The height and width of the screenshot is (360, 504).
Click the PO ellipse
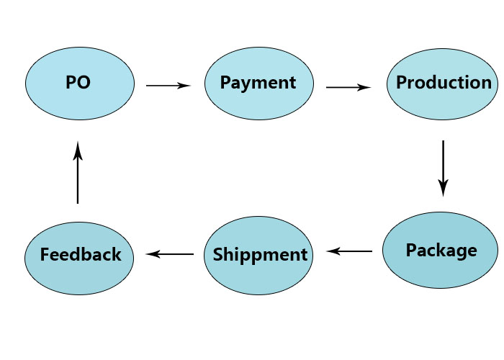pyautogui.click(x=80, y=84)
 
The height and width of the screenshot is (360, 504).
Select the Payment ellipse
pyautogui.click(x=259, y=84)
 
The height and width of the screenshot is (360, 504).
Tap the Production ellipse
pyautogui.click(x=442, y=84)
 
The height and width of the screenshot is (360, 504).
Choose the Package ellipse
pyautogui.click(x=441, y=250)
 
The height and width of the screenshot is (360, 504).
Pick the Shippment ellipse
pyautogui.click(x=258, y=256)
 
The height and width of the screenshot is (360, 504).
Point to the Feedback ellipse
pyautogui.click(x=79, y=258)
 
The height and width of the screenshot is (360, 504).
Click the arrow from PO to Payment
pyautogui.click(x=168, y=86)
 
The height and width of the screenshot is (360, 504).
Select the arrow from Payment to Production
pyautogui.click(x=348, y=87)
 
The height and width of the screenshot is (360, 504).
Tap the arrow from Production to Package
pyautogui.click(x=444, y=168)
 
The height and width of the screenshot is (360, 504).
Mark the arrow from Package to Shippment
pyautogui.click(x=349, y=251)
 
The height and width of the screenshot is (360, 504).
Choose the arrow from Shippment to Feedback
pyautogui.click(x=170, y=254)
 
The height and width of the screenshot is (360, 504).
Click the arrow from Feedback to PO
pyautogui.click(x=78, y=172)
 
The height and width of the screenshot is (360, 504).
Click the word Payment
pyautogui.click(x=258, y=83)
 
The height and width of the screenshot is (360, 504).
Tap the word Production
pyautogui.click(x=444, y=82)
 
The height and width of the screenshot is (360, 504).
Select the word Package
pyautogui.click(x=441, y=251)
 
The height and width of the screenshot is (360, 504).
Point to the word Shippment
pyautogui.click(x=260, y=255)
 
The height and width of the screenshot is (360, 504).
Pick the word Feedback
pyautogui.click(x=81, y=254)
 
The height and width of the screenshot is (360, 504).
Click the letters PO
pyautogui.click(x=78, y=82)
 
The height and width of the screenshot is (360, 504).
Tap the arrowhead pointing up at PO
pyautogui.click(x=78, y=150)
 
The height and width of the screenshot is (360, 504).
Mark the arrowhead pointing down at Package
pyautogui.click(x=444, y=188)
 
